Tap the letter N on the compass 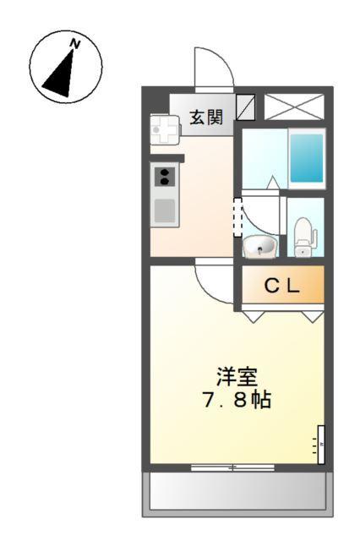coord(75,44)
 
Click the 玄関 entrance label coord(206,117)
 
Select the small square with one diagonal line coord(246,107)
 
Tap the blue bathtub coord(307,157)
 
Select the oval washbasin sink coord(259,246)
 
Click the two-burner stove coord(164,177)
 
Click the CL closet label coord(281,287)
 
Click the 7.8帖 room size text coord(237,400)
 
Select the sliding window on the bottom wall coord(232,467)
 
